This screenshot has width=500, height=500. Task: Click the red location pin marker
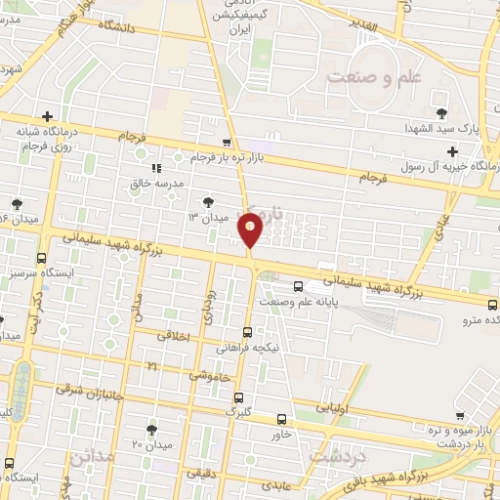251,230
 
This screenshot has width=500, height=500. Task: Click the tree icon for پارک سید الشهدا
442,113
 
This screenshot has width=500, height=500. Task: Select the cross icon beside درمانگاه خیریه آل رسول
451,151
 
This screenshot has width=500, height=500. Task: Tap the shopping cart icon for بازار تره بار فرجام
227,142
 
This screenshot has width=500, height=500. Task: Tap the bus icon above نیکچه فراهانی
248,332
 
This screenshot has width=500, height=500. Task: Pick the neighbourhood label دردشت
336,456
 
